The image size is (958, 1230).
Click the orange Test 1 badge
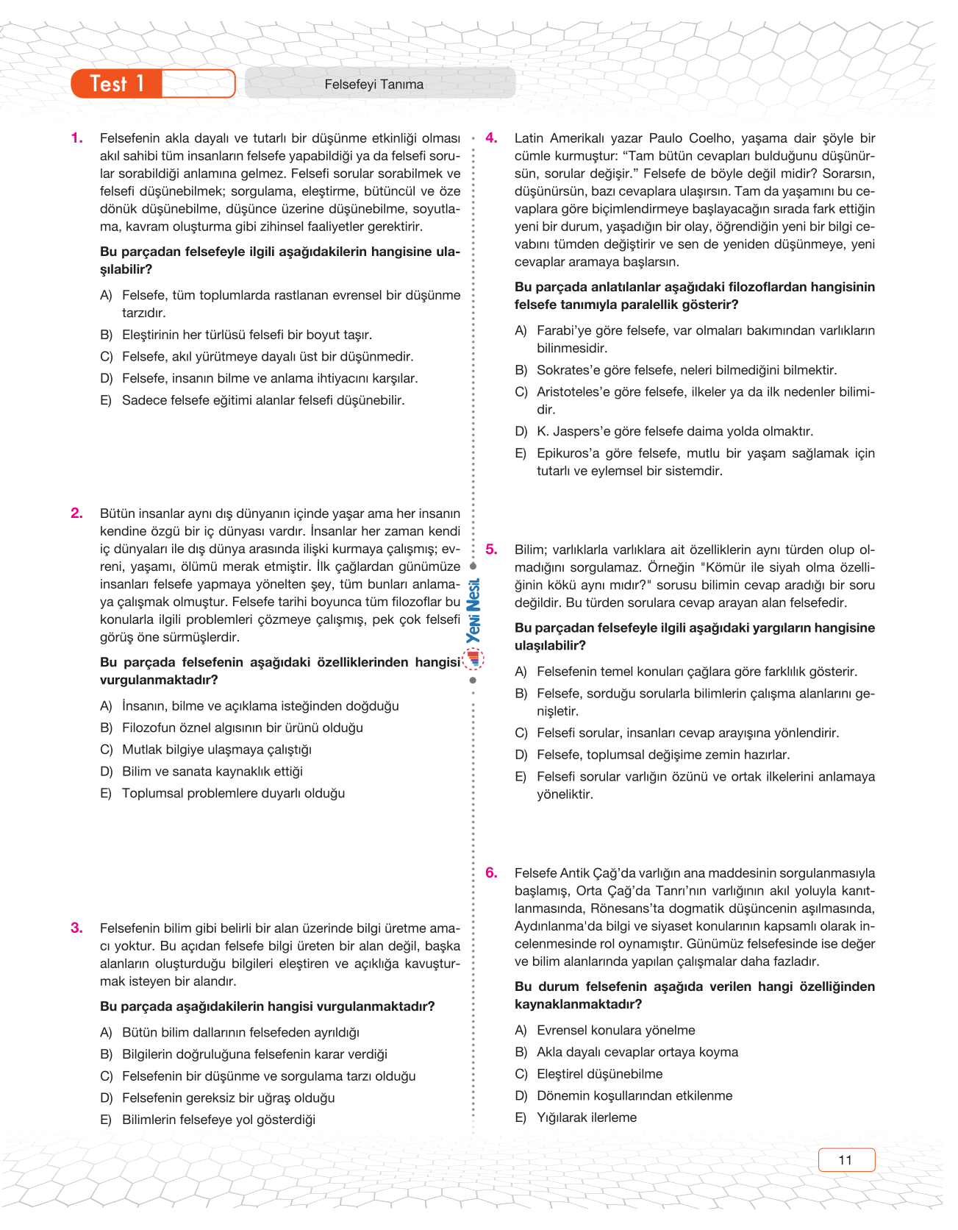click(118, 84)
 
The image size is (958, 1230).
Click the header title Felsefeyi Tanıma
click(373, 85)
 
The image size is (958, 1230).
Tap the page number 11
click(846, 1160)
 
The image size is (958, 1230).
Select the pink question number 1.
click(76, 138)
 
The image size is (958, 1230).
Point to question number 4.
click(491, 138)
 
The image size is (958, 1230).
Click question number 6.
click(491, 873)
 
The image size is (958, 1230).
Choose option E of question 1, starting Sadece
click(262, 401)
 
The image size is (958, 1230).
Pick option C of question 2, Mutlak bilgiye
click(216, 750)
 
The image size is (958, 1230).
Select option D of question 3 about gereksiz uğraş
click(228, 1098)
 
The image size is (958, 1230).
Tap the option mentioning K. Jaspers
click(674, 432)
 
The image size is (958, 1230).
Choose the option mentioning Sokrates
click(686, 370)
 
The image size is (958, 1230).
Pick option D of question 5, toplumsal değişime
click(662, 755)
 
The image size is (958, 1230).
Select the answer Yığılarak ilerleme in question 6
click(586, 1118)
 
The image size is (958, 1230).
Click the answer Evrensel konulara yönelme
click(615, 1031)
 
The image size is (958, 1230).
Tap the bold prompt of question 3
click(267, 1006)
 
